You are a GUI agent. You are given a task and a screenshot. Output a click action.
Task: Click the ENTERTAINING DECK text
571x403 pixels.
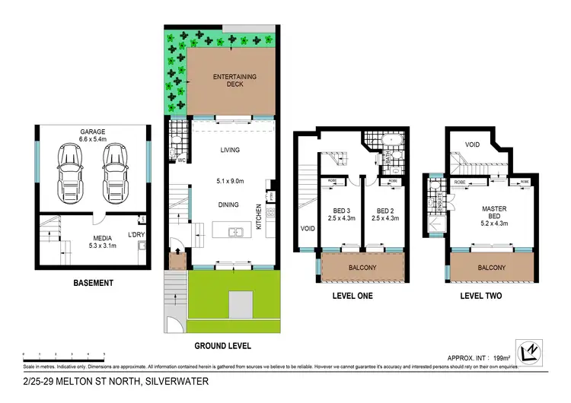(234, 80)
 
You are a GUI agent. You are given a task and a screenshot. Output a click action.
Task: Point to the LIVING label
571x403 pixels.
(229, 150)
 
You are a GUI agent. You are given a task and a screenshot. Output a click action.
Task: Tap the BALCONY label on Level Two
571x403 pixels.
(491, 268)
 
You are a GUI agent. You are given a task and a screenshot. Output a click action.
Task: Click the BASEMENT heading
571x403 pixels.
(93, 283)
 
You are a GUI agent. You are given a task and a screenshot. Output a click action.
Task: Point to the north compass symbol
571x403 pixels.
(531, 351)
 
